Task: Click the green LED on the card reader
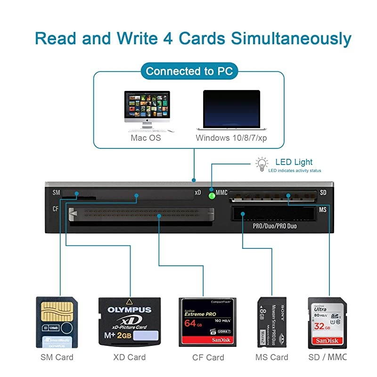[x=212, y=194]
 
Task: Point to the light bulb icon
[x=261, y=164]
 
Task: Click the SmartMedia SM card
[x=57, y=322]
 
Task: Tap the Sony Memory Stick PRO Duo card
[x=272, y=322]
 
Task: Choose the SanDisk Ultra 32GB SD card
[x=327, y=322]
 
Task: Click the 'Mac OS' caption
[x=146, y=138]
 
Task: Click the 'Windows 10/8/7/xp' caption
[x=231, y=138]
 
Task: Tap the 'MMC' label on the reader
[x=221, y=192]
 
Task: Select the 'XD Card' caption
[x=130, y=357]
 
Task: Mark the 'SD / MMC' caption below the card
[x=327, y=357]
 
